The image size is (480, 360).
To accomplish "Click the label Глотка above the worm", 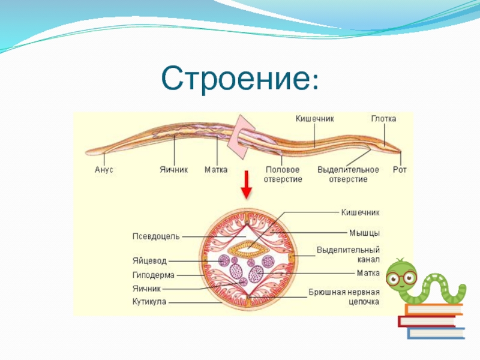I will [383, 119].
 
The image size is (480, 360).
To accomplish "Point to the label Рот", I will [400, 170].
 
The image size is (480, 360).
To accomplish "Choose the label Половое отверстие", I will [283, 175].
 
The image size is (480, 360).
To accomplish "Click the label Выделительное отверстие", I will [348, 175].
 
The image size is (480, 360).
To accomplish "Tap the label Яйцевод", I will [149, 262].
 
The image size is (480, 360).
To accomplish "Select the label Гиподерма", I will [153, 275].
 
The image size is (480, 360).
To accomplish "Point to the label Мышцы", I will [364, 232].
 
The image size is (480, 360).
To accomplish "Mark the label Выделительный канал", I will [348, 254].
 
